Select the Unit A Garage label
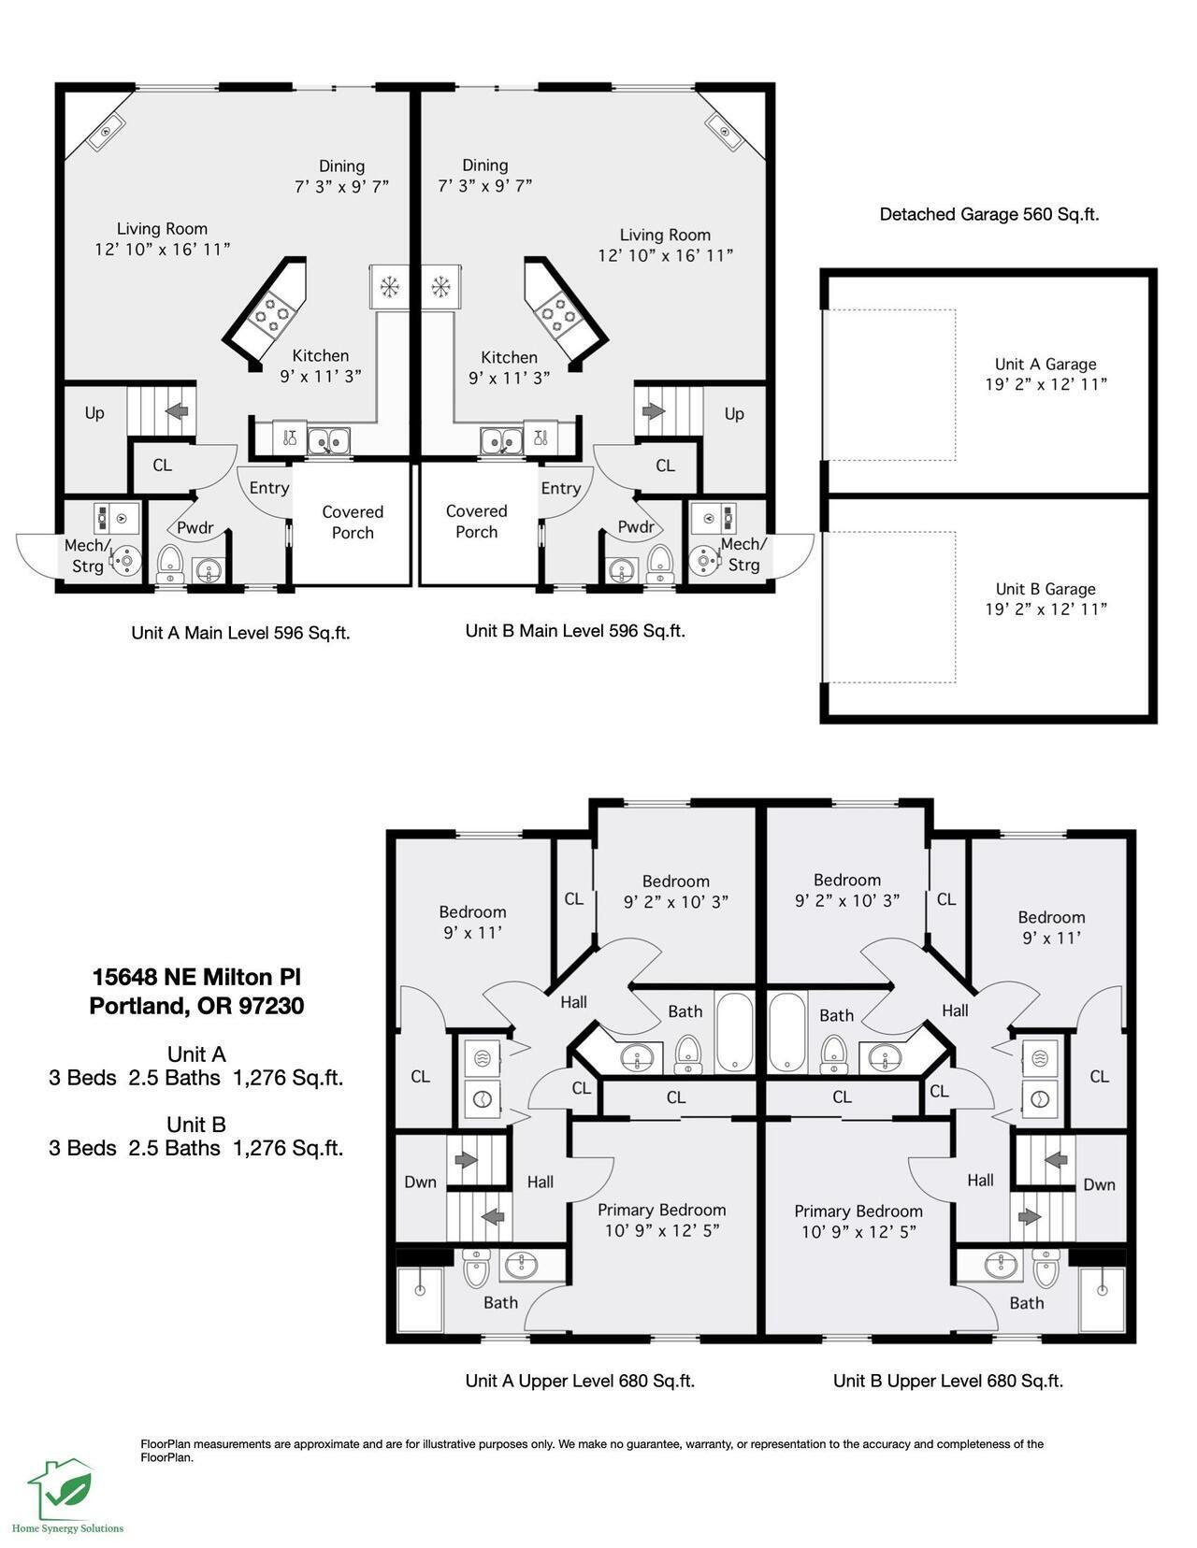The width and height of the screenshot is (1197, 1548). (x=1046, y=364)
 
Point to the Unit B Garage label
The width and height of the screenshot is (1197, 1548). (x=1046, y=589)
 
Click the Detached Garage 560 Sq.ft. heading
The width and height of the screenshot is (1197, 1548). (x=989, y=214)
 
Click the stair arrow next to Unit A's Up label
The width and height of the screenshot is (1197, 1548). (x=177, y=411)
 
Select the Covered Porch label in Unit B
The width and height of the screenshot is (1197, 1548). (x=477, y=522)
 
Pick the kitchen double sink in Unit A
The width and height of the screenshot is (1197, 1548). (x=328, y=441)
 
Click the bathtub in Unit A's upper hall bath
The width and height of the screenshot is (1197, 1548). (x=734, y=1032)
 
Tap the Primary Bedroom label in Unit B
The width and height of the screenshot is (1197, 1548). (x=858, y=1211)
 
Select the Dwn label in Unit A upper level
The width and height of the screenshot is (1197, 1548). (x=420, y=1182)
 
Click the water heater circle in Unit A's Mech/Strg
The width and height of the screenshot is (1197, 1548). (x=126, y=560)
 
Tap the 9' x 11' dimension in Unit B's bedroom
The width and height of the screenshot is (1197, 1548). (x=1052, y=939)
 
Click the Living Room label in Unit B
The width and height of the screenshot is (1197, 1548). (x=665, y=235)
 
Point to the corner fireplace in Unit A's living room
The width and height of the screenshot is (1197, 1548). (x=107, y=133)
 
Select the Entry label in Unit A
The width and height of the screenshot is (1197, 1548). (x=269, y=488)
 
